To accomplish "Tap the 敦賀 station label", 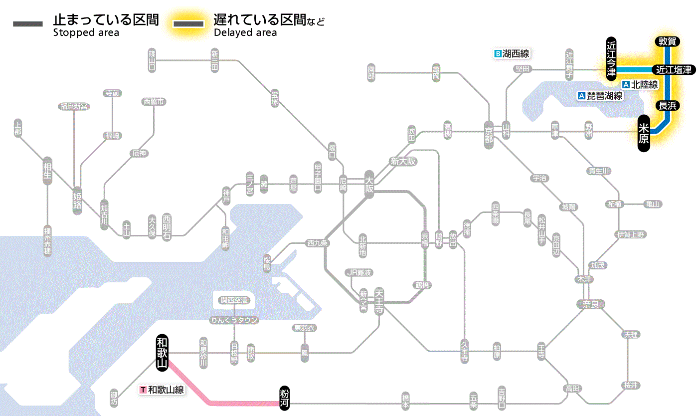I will point(667,41).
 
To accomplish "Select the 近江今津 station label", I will point(611,58).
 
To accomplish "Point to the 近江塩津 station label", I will point(674,70).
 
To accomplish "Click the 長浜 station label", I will point(667,105).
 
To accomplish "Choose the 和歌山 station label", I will point(162,352).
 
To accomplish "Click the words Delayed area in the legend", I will point(245,33).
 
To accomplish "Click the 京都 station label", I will point(489,133).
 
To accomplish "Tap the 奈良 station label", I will point(590,304).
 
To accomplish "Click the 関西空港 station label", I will point(234,300).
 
